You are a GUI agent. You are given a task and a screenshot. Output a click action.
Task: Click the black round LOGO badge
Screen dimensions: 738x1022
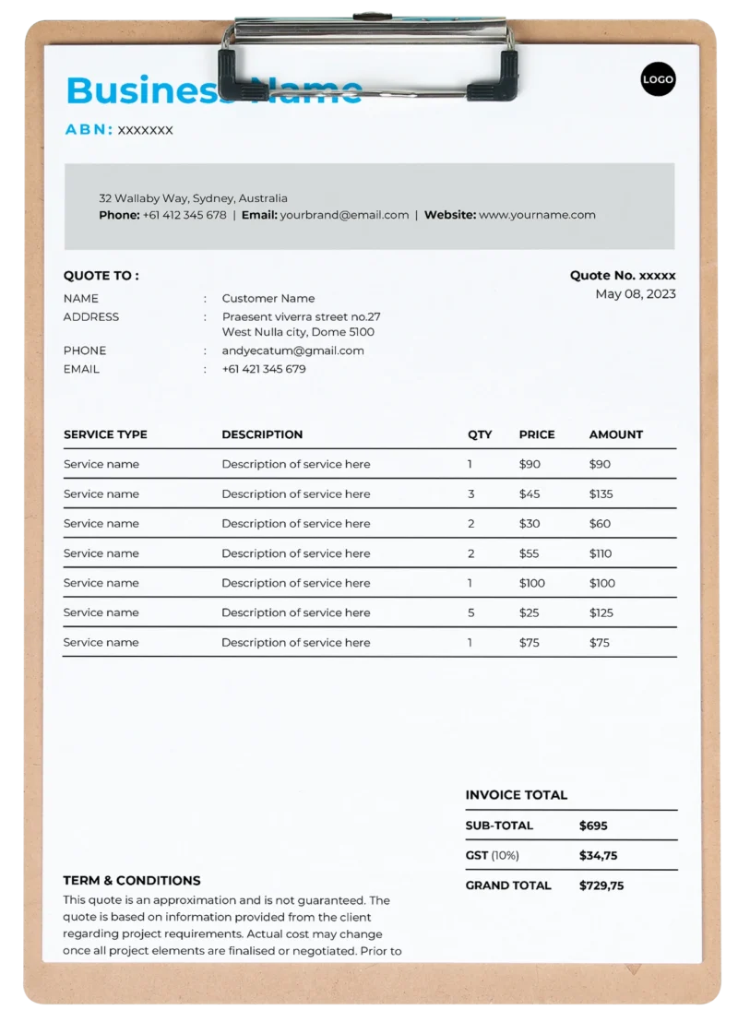click(x=658, y=79)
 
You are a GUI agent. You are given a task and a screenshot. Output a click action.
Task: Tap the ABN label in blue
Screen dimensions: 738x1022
click(x=89, y=130)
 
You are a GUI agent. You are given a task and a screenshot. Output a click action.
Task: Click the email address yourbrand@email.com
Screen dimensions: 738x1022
click(x=344, y=215)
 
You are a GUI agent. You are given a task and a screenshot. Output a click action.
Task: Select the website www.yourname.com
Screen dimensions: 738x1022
click(x=537, y=215)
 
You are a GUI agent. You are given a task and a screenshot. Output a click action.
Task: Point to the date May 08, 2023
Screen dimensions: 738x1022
click(x=636, y=294)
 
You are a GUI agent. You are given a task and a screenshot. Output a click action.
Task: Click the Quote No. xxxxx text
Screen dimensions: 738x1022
click(x=623, y=275)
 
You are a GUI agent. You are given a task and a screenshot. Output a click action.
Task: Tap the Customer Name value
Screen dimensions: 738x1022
click(x=268, y=298)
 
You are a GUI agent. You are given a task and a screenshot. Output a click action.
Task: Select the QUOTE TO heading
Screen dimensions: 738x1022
click(x=101, y=275)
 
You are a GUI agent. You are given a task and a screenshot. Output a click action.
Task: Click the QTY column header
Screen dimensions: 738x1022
click(x=480, y=434)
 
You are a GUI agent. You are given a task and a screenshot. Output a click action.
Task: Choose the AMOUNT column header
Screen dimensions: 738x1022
click(x=616, y=434)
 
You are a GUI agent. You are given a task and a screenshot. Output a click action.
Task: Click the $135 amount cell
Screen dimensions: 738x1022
click(x=601, y=493)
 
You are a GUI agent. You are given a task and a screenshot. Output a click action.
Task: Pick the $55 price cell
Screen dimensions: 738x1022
click(x=530, y=553)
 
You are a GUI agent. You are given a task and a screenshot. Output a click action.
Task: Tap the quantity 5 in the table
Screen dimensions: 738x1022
click(x=470, y=612)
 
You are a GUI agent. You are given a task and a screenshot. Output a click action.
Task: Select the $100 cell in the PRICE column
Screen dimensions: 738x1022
click(x=532, y=583)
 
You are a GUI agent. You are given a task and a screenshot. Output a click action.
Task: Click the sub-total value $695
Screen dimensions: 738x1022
click(x=593, y=826)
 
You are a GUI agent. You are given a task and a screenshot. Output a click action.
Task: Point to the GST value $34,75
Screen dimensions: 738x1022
click(x=598, y=855)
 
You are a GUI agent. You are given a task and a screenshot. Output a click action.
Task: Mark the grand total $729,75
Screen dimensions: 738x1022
click(x=601, y=885)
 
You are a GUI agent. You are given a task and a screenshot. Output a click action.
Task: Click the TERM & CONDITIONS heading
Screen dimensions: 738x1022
click(x=132, y=880)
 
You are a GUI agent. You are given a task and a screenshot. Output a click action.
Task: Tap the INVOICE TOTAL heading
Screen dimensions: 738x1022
click(x=517, y=795)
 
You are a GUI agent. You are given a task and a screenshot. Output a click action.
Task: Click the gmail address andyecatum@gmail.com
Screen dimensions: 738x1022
click(x=293, y=351)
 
